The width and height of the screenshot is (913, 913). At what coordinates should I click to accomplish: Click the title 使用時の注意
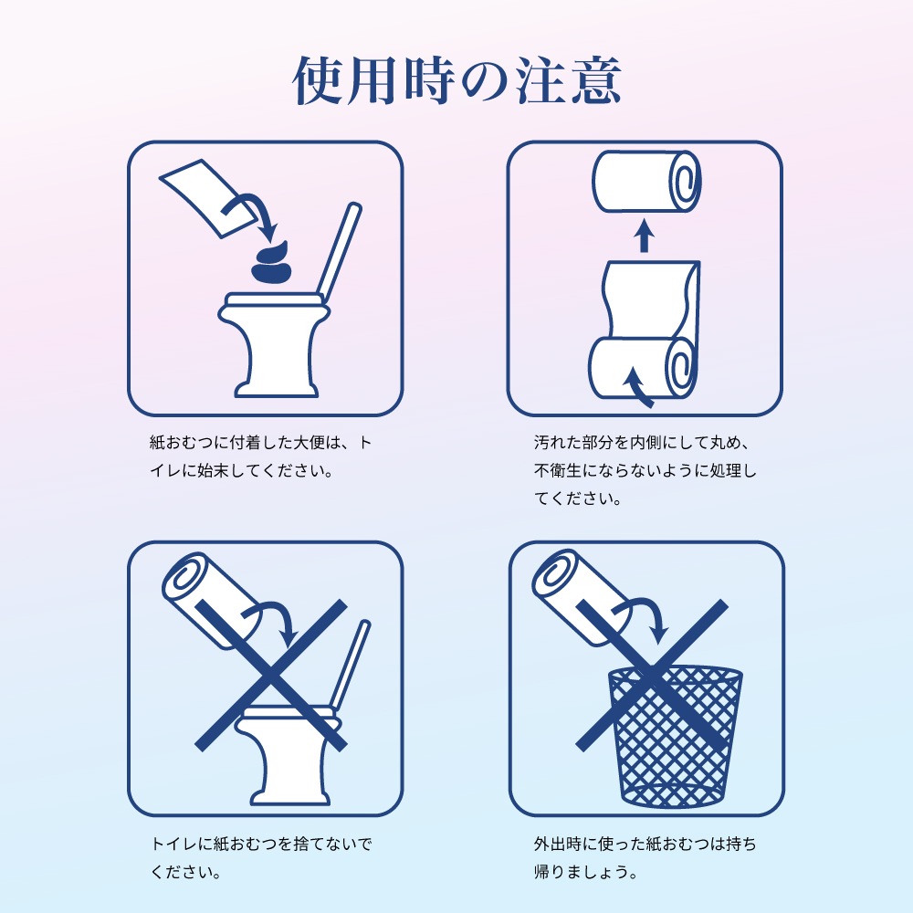(456, 82)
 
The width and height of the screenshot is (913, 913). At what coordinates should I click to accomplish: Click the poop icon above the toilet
(270, 264)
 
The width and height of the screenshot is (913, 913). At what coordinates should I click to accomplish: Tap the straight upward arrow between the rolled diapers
(645, 235)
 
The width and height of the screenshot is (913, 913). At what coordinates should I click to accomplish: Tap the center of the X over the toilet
(271, 676)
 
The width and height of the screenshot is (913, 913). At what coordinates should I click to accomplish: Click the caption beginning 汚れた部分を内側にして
(644, 471)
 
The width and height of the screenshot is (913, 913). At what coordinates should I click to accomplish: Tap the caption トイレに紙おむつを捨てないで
(260, 857)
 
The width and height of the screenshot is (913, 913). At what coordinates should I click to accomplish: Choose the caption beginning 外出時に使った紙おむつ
(644, 857)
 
